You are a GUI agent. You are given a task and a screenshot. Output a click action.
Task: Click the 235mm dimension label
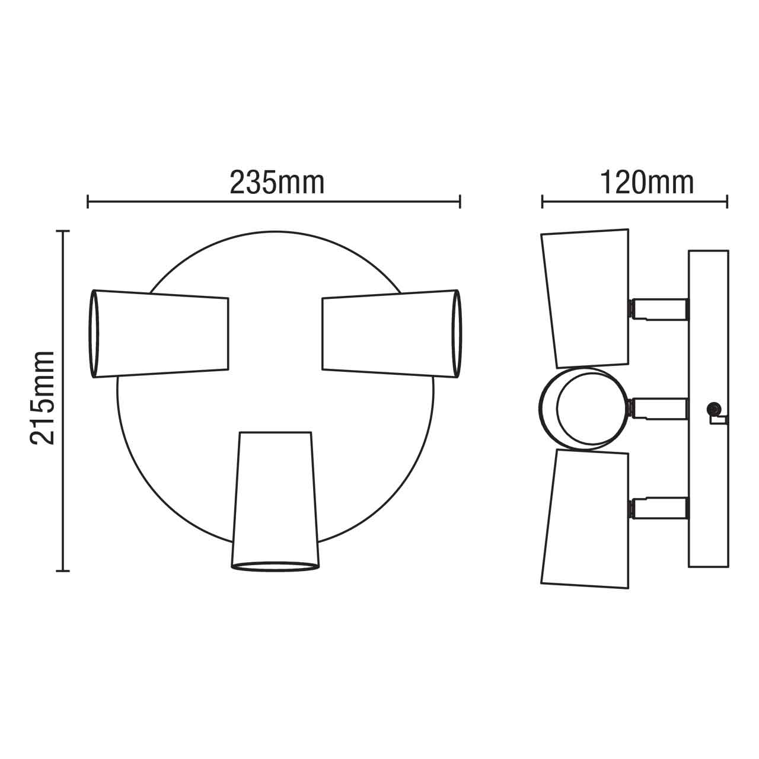277,183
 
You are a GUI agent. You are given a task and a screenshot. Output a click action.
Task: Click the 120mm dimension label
647,183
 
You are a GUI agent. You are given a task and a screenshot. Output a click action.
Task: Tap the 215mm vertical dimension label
43,397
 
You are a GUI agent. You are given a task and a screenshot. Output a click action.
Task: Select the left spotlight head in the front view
160,333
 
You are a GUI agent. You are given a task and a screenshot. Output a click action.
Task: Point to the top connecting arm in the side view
658,308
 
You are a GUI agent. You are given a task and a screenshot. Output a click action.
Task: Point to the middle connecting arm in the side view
658,408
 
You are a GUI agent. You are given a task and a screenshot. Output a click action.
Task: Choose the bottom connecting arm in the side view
658,508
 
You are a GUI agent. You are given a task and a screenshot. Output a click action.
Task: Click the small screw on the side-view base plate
713,408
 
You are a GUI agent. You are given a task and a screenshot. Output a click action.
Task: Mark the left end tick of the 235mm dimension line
88,202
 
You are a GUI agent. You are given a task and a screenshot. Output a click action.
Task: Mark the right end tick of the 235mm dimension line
460,202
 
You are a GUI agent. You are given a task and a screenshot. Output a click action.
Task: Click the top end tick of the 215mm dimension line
63,231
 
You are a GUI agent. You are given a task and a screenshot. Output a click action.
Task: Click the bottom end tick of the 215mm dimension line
63,571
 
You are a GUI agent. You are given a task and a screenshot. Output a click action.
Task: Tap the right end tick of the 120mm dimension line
727,202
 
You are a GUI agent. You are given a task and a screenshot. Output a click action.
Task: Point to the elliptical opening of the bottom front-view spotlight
275,566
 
